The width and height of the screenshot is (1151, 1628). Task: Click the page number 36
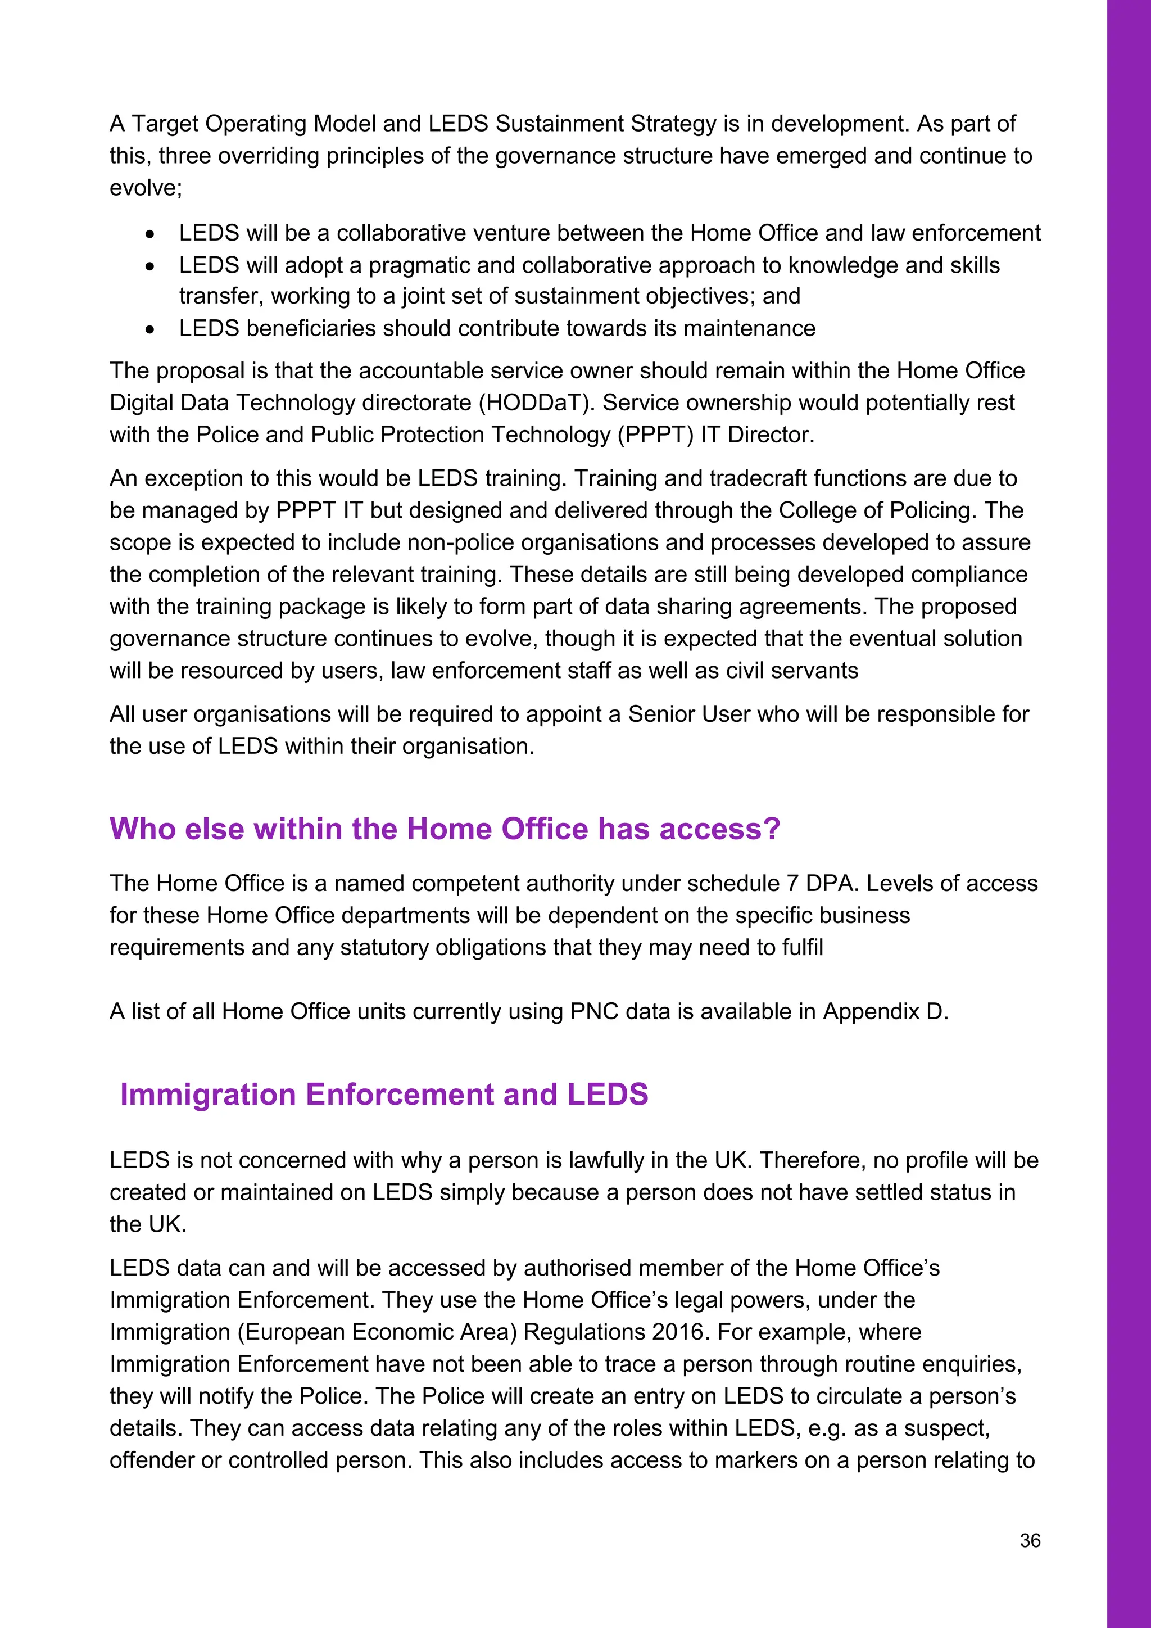click(x=1030, y=1540)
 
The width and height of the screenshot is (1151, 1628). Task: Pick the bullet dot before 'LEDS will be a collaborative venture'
click(x=149, y=234)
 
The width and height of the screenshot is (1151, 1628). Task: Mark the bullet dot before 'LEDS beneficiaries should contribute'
click(x=149, y=329)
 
